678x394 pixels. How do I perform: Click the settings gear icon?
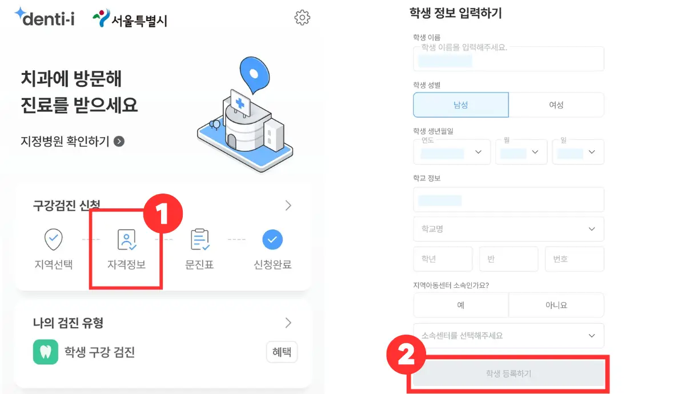(302, 18)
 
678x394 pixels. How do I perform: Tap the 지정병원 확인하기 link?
(72, 141)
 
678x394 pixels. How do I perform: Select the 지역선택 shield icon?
(54, 240)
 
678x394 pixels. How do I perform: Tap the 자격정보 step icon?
(126, 240)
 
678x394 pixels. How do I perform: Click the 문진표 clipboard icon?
(199, 240)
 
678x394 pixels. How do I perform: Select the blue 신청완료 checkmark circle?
(272, 240)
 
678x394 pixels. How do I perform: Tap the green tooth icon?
(45, 352)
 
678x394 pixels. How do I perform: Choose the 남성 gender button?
(460, 105)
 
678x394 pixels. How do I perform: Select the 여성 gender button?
(556, 105)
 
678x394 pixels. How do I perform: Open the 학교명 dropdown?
(508, 229)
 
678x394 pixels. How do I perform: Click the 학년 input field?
(443, 259)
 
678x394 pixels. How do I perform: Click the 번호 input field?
(574, 259)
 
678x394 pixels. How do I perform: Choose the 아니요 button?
(556, 305)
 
